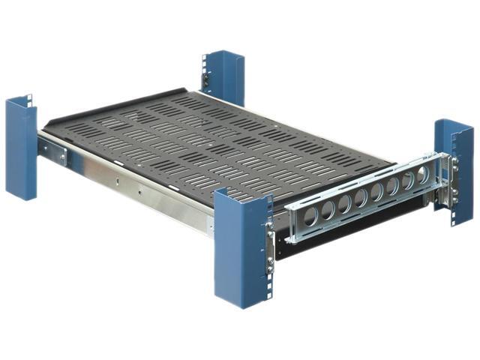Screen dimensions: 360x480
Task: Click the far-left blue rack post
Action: [21, 150]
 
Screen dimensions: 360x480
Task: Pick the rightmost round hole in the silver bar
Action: [422, 175]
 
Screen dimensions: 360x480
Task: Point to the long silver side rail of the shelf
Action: [150, 191]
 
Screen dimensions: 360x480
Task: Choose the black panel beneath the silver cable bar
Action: [337, 232]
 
